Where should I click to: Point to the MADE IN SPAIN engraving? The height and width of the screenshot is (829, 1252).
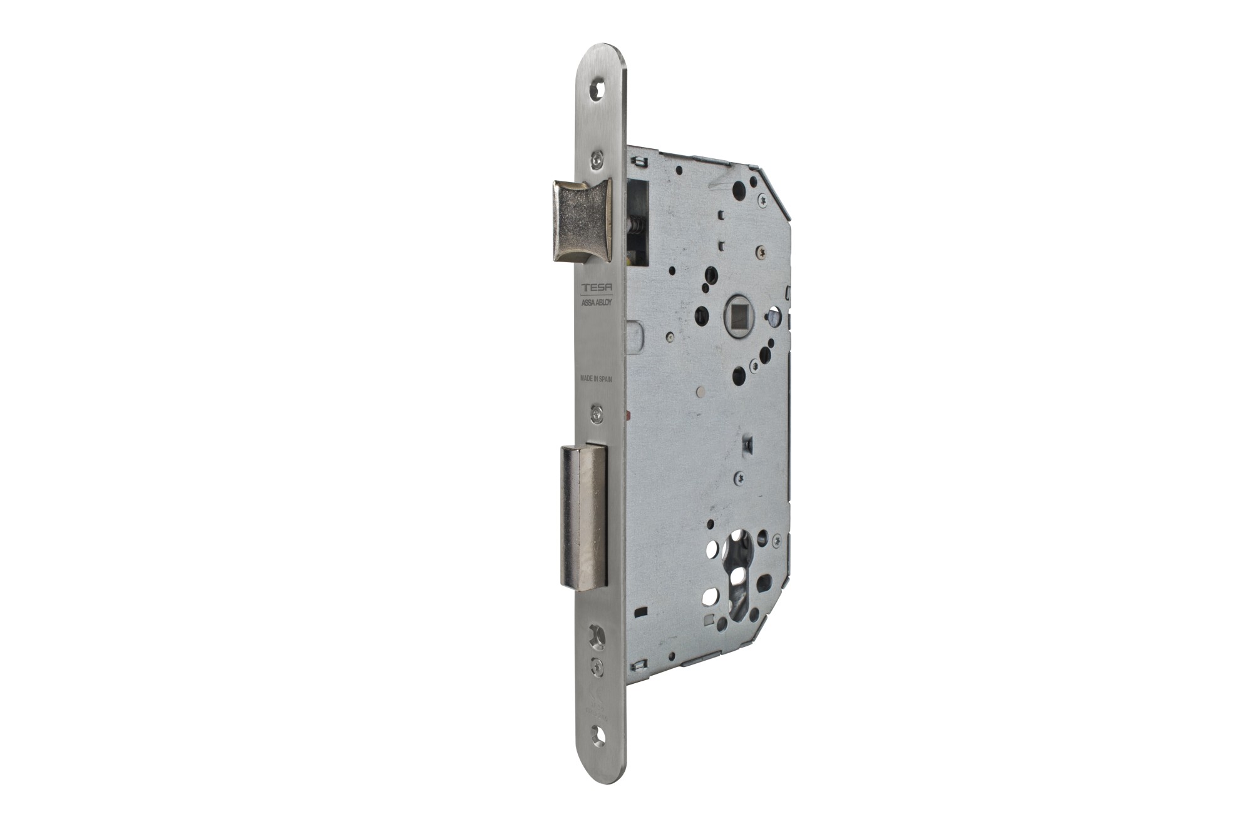(x=595, y=379)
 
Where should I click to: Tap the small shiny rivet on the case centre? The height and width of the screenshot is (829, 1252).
(x=700, y=393)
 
